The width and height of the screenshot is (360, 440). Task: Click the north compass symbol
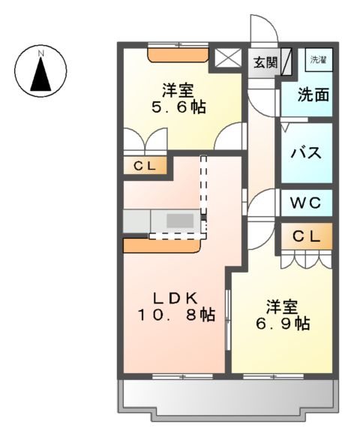(42, 72)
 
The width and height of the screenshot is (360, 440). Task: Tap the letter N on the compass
(42, 53)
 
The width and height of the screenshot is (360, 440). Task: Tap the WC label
(306, 202)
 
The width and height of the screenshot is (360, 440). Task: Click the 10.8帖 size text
(176, 315)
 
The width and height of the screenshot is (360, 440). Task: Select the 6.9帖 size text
(282, 324)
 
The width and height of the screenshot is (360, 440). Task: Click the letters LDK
(177, 297)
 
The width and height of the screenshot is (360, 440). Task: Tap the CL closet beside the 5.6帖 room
(145, 166)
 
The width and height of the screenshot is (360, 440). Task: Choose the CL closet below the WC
(306, 237)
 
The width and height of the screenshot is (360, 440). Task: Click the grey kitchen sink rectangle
(178, 221)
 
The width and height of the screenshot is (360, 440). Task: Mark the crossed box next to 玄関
(226, 59)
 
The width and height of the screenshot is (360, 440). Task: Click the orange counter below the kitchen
(162, 245)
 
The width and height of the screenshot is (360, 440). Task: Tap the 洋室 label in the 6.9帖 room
(282, 306)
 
